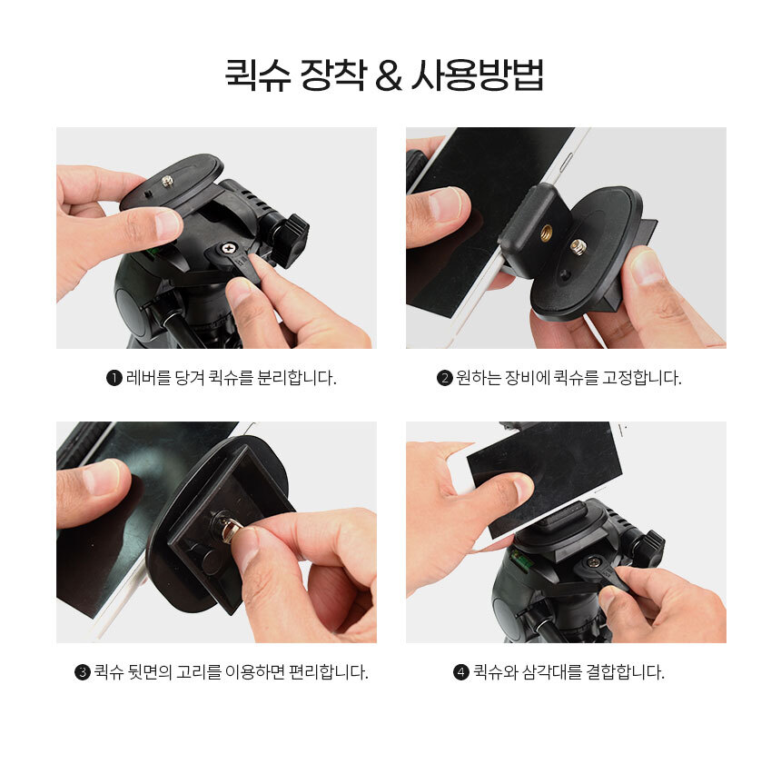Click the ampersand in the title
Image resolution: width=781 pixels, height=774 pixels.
tap(389, 75)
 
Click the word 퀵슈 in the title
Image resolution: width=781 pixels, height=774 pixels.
tap(258, 74)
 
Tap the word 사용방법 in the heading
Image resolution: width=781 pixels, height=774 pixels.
tap(477, 74)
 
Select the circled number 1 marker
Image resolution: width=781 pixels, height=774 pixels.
tap(114, 378)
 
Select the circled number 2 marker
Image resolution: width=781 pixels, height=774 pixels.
tap(444, 378)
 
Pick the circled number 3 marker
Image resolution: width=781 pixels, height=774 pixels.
tap(82, 672)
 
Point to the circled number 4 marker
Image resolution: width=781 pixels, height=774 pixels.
tap(460, 672)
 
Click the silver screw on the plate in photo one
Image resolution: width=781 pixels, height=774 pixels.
tap(167, 181)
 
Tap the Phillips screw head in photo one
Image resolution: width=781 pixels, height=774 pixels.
tap(228, 248)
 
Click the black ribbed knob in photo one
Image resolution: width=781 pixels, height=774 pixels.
tap(291, 240)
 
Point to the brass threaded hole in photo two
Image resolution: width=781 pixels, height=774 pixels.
tap(547, 232)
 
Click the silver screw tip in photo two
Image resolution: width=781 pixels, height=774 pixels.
tap(578, 245)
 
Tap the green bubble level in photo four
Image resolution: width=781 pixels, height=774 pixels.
tap(522, 560)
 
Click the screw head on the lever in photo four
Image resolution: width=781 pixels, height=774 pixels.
tap(593, 562)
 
